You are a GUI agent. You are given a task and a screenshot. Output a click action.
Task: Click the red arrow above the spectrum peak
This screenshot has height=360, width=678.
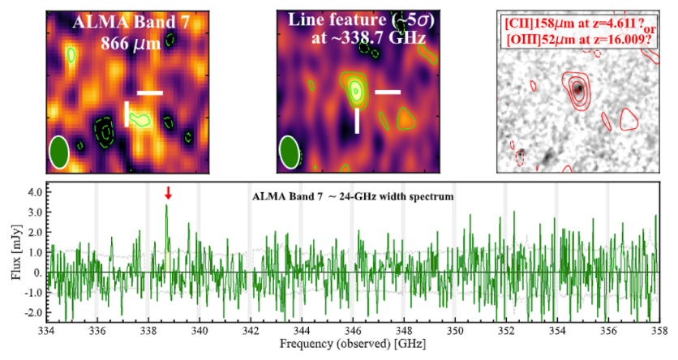pos(168,192)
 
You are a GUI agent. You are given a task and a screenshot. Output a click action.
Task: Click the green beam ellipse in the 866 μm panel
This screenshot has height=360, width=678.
pos(58,152)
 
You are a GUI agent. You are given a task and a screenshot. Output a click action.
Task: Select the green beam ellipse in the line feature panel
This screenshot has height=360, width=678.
pos(290,152)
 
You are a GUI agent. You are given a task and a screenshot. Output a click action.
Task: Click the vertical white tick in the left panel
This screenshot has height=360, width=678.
pos(127,114)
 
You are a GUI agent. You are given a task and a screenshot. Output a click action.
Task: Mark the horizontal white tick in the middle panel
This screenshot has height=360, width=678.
pos(388,92)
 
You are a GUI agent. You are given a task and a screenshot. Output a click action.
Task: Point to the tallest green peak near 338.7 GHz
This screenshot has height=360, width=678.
pos(166,206)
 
